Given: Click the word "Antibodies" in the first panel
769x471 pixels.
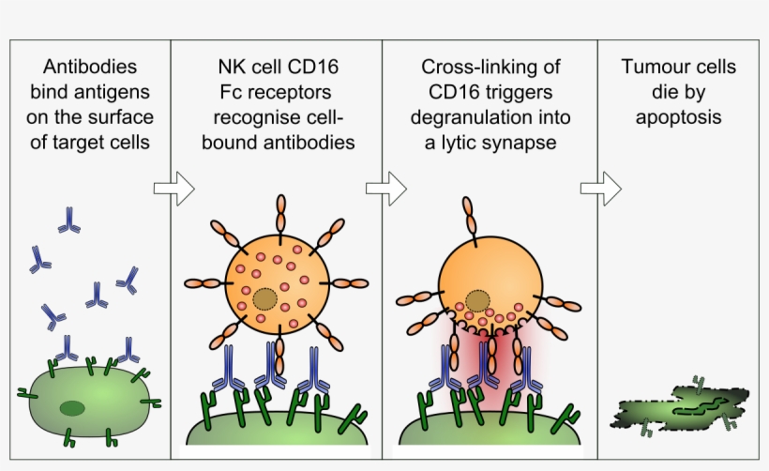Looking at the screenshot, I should [x=90, y=68].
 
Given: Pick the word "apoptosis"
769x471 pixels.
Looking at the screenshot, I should [x=678, y=118].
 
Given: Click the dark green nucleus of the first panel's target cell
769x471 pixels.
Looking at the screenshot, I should [x=71, y=407].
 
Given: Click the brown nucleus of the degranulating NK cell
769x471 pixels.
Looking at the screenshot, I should [x=478, y=302].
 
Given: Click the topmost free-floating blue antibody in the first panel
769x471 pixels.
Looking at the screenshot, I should [x=68, y=220].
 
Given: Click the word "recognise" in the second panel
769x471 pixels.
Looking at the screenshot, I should [x=247, y=118].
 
